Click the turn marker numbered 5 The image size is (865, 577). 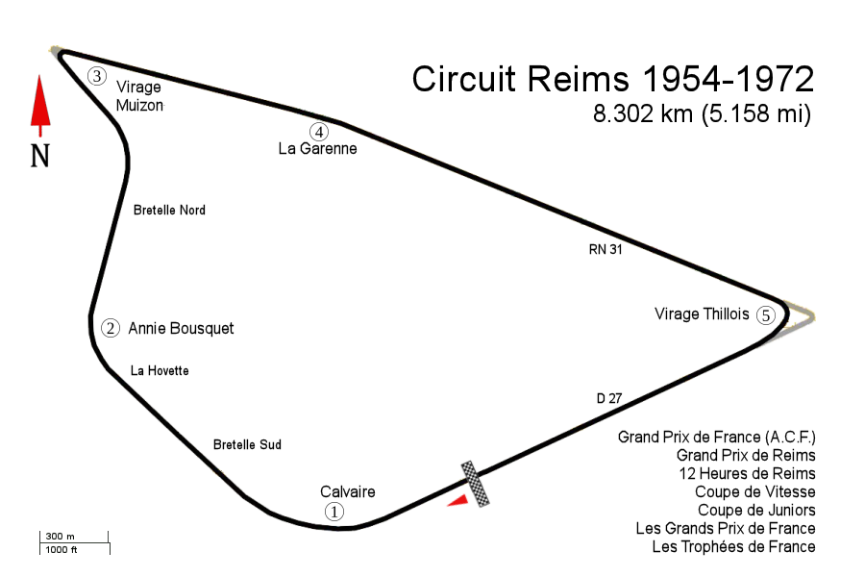[x=766, y=315]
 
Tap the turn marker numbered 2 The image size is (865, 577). [x=111, y=328]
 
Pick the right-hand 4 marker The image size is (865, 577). [x=319, y=132]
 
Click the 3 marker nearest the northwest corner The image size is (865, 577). [x=97, y=76]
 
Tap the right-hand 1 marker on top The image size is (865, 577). [x=334, y=512]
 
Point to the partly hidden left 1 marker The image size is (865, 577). [x=321, y=508]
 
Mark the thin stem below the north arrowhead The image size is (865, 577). [x=40, y=132]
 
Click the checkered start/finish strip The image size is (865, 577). [x=474, y=483]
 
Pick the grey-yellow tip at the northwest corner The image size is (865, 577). [x=55, y=49]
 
